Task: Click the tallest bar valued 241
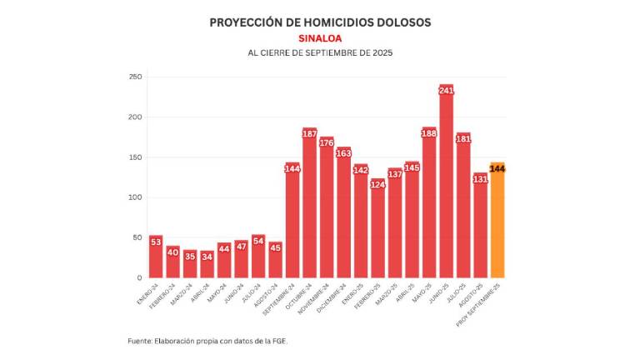(x=446, y=183)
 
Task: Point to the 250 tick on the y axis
(x=134, y=77)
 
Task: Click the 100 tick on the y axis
(x=134, y=197)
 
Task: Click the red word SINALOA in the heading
(x=320, y=38)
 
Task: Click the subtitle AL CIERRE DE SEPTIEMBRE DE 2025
(x=320, y=53)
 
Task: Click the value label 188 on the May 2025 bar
(x=429, y=132)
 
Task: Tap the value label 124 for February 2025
(x=377, y=184)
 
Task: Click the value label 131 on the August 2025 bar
(x=480, y=178)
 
